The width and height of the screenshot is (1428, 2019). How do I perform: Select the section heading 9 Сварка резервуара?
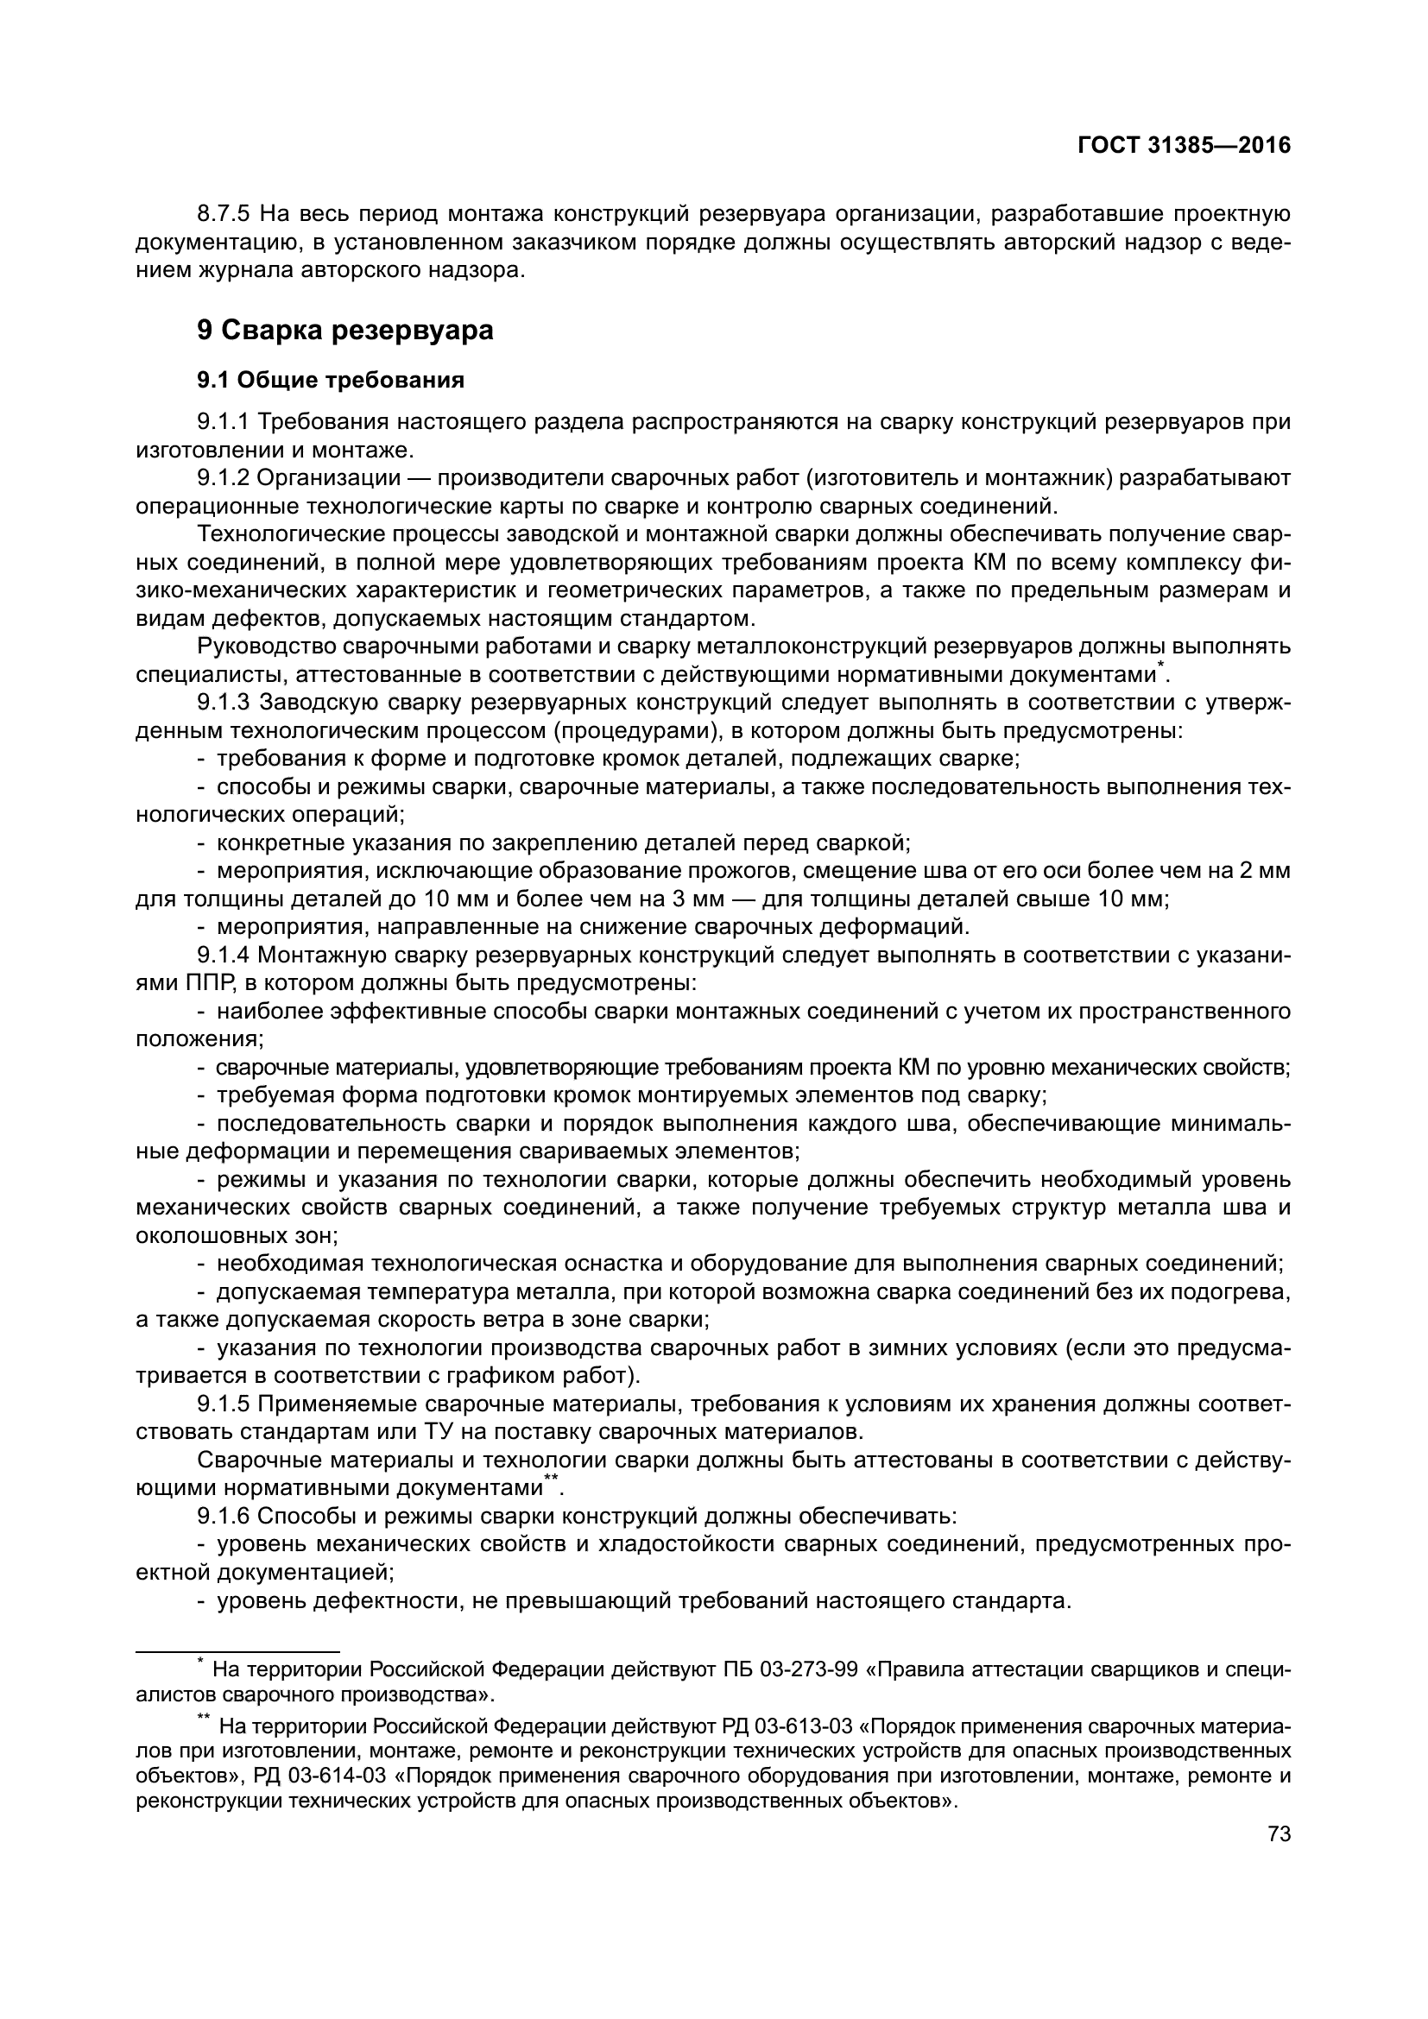point(344,330)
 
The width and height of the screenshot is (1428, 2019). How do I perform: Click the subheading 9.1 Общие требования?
point(331,380)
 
